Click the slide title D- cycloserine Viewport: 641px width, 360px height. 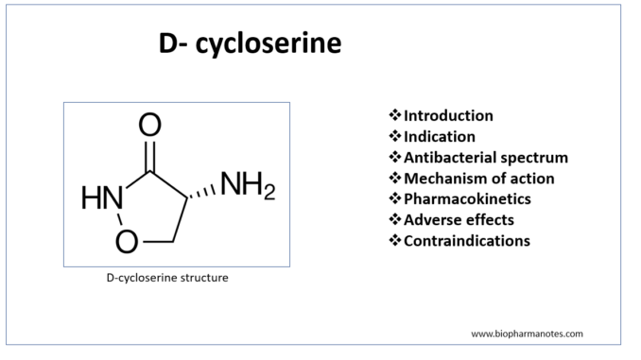pos(250,43)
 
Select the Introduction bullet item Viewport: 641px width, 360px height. pos(448,115)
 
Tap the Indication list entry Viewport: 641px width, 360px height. pos(440,136)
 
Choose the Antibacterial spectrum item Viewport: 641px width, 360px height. pos(486,157)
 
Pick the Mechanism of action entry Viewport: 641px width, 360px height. pos(479,179)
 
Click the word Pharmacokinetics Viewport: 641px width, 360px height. pos(467,199)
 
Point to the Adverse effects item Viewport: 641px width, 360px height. pos(459,220)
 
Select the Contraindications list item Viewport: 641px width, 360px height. pos(467,241)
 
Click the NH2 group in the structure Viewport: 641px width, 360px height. pos(248,185)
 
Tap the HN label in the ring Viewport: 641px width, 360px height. pos(102,197)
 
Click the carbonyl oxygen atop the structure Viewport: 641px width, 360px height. pos(149,125)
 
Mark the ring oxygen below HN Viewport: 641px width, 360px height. pos(127,242)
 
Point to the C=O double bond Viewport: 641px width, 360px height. pos(150,156)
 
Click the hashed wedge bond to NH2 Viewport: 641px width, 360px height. pos(202,192)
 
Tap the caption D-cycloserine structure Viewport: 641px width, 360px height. pos(167,278)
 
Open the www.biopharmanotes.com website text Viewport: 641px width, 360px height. pos(527,334)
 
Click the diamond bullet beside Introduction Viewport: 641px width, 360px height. pos(395,115)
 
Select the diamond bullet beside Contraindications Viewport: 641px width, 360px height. pos(395,240)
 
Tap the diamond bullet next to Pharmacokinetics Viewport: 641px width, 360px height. pos(395,198)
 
